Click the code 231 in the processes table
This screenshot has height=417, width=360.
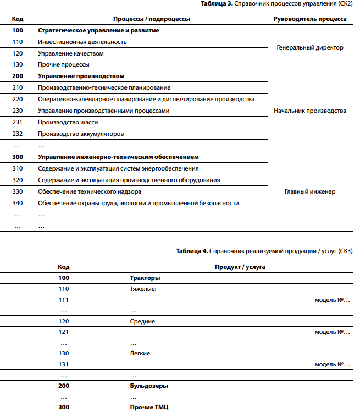click(18, 122)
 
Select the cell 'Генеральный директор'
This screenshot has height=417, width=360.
click(310, 47)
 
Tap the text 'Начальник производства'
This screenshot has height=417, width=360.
click(310, 111)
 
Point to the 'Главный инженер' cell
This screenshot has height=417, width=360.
click(310, 191)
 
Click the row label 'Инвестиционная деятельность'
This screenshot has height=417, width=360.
click(82, 42)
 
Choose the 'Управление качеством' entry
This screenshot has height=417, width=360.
click(71, 53)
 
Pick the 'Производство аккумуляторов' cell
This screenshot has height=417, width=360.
click(81, 134)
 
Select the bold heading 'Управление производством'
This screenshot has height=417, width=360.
click(81, 76)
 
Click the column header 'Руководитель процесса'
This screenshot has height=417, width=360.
click(310, 19)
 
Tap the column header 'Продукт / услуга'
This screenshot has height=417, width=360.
click(240, 267)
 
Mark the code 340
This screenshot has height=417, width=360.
click(18, 203)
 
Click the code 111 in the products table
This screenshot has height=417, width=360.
click(64, 300)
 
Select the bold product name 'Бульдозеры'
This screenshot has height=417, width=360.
click(149, 386)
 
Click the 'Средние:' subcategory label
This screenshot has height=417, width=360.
click(143, 321)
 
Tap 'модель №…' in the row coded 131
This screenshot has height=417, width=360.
click(333, 364)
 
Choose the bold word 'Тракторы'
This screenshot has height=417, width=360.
click(145, 278)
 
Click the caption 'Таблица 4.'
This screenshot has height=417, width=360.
click(192, 251)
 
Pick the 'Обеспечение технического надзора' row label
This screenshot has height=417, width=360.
click(90, 191)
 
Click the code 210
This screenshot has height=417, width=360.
click(18, 87)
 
